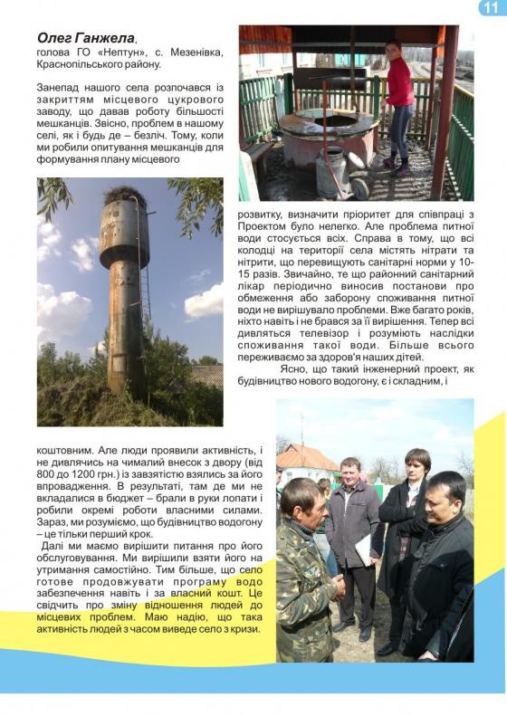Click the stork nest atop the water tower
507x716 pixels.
click(124, 194)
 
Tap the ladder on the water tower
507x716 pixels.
click(145, 299)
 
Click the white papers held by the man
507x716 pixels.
click(364, 548)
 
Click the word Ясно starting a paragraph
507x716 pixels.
click(298, 369)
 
